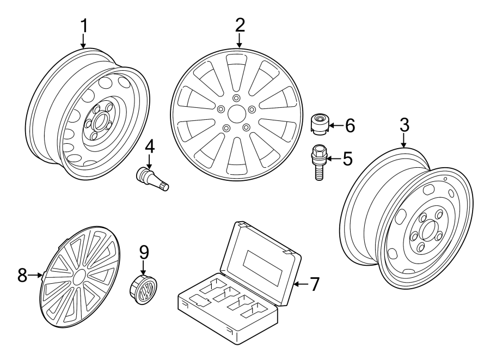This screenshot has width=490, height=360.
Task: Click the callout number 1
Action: [x=83, y=25]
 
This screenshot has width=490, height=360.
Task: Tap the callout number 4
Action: [x=149, y=147]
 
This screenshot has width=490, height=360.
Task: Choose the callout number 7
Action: [x=314, y=284]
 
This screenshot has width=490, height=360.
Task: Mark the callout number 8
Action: [x=22, y=275]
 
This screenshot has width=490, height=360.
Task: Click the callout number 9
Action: [x=143, y=252]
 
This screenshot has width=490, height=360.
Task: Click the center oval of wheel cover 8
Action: [x=79, y=277]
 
